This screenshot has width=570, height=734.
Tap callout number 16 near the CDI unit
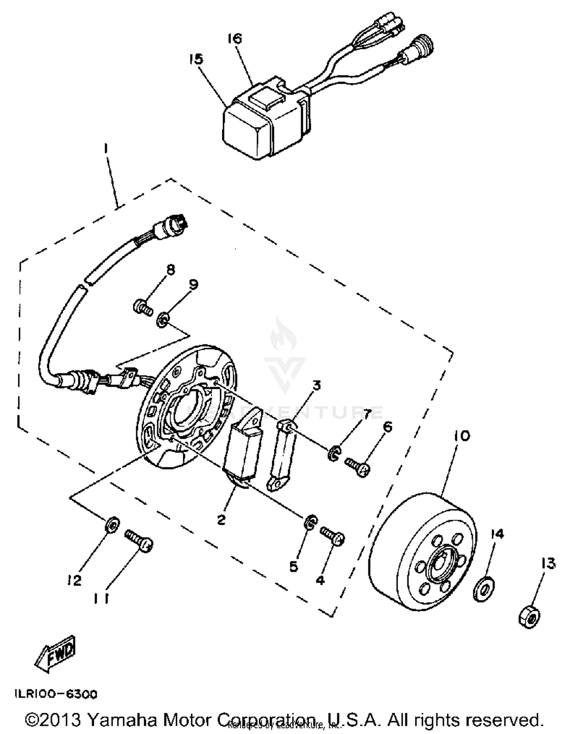click(x=235, y=38)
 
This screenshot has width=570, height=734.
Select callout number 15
click(x=196, y=59)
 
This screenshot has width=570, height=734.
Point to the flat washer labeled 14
click(x=484, y=590)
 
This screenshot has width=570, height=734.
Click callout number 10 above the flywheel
click(x=461, y=435)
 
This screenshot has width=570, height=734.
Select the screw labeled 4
click(x=333, y=536)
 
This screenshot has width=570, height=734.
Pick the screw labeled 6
click(x=358, y=467)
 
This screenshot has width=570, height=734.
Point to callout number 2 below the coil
click(x=221, y=519)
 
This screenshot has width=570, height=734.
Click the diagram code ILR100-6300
click(x=56, y=694)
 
